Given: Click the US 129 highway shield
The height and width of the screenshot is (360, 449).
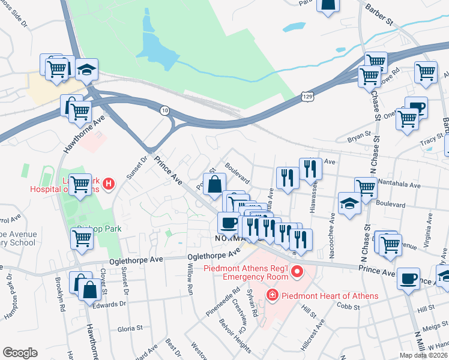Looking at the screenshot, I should tap(307, 96).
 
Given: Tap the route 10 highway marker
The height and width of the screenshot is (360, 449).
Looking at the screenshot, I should tap(164, 110).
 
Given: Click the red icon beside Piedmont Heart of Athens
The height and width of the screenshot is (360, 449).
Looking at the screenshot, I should tap(272, 296).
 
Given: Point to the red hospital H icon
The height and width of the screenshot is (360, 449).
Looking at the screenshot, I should tap(108, 184).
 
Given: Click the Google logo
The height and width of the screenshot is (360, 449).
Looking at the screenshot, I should tap(20, 353).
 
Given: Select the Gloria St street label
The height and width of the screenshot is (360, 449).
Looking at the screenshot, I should tap(130, 328).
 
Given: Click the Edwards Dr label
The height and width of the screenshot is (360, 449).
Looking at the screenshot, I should tap(109, 304).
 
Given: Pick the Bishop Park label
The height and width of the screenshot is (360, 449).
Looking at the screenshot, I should tap(99, 229).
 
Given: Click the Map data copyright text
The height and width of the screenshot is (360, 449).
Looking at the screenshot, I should tap(423, 355).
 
